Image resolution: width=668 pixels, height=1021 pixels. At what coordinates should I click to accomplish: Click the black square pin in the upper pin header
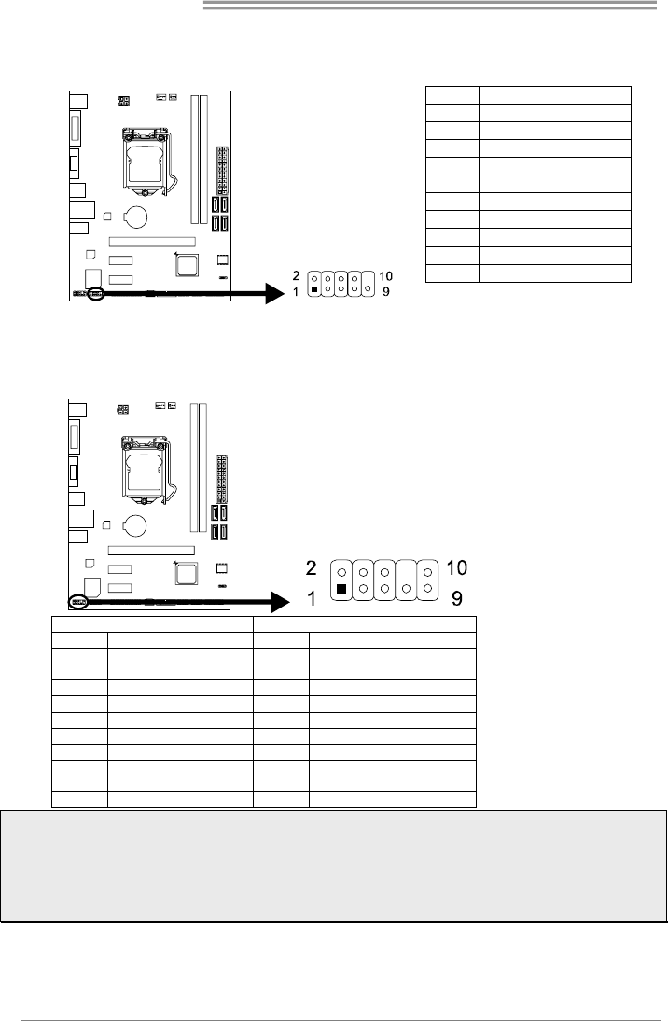pyautogui.click(x=315, y=288)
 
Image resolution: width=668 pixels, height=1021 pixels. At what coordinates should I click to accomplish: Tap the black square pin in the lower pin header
pyautogui.click(x=341, y=589)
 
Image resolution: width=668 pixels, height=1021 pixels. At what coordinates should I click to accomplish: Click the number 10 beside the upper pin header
pyautogui.click(x=385, y=276)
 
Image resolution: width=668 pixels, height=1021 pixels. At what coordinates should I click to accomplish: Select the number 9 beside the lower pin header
pyautogui.click(x=457, y=597)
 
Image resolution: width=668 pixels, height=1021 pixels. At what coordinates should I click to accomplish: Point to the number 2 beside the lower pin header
pyautogui.click(x=312, y=568)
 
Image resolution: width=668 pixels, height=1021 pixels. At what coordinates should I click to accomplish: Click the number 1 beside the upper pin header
pyautogui.click(x=296, y=292)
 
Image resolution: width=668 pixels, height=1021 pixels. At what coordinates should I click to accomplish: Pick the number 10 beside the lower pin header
pyautogui.click(x=457, y=567)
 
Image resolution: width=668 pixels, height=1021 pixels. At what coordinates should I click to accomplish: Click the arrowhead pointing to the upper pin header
pyautogui.click(x=276, y=293)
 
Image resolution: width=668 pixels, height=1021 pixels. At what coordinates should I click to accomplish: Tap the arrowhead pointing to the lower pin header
pyautogui.click(x=280, y=602)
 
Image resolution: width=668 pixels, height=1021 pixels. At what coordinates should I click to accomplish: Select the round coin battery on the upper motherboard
pyautogui.click(x=137, y=217)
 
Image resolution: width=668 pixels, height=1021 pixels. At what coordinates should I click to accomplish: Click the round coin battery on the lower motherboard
pyautogui.click(x=136, y=524)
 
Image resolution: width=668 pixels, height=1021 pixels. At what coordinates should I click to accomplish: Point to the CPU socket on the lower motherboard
pyautogui.click(x=146, y=469)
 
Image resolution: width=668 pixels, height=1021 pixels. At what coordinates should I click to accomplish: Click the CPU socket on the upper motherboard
pyautogui.click(x=147, y=161)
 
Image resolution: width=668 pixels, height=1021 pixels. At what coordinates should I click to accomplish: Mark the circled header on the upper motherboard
pyautogui.click(x=96, y=294)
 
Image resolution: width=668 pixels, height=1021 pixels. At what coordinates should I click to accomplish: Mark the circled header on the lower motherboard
pyautogui.click(x=77, y=602)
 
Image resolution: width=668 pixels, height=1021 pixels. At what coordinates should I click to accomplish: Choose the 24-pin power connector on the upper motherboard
pyautogui.click(x=222, y=171)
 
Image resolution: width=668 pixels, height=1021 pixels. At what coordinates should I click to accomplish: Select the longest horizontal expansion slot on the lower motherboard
pyautogui.click(x=151, y=551)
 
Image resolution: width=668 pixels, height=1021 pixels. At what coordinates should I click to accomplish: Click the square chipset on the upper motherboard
pyautogui.click(x=188, y=264)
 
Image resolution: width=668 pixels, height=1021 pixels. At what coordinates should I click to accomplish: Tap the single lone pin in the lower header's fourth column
pyautogui.click(x=406, y=589)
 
